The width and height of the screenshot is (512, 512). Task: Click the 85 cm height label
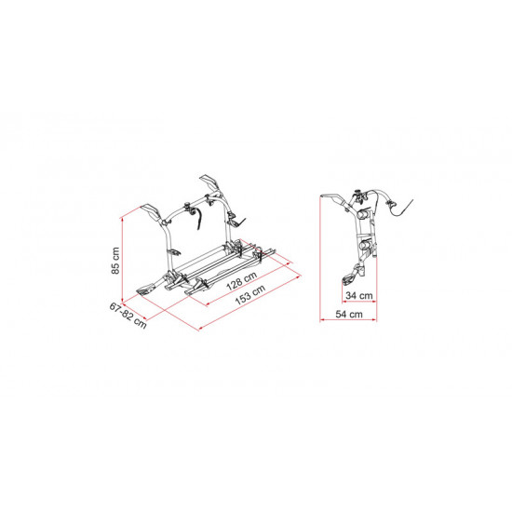pos(115,261)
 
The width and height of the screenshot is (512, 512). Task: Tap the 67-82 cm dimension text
pos(128,315)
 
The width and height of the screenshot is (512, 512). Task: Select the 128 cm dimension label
pos(242,280)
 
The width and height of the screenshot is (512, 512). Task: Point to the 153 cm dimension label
pos(250,295)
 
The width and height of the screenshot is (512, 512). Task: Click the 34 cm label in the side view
pos(358,295)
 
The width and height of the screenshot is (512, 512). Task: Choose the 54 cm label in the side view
pos(349,314)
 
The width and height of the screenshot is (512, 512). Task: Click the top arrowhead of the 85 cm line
pos(123,220)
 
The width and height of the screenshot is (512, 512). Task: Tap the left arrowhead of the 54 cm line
pos(322,320)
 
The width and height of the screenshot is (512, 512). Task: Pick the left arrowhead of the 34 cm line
pos(344,302)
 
